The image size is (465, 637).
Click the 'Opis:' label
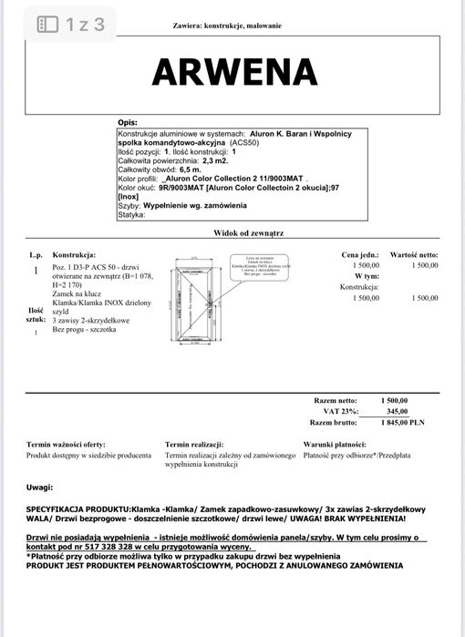tap(128, 122)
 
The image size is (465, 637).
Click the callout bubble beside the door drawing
tap(253, 265)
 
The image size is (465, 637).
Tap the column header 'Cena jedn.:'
tap(359, 255)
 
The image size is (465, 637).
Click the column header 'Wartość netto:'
tap(414, 255)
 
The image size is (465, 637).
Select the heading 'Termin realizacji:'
tap(195, 444)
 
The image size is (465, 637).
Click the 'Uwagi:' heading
tap(39, 488)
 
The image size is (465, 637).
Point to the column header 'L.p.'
tap(35, 255)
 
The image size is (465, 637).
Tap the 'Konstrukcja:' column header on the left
tap(74, 255)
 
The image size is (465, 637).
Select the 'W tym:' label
tap(365, 275)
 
